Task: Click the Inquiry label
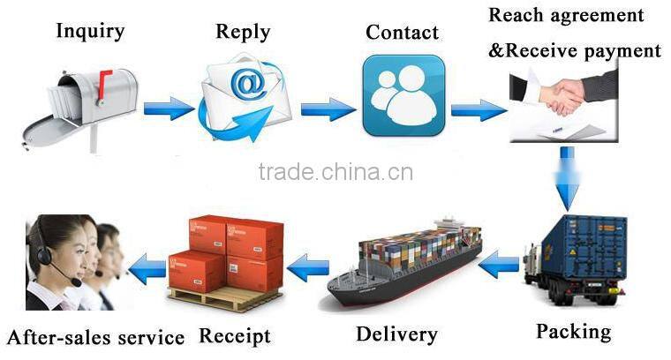(90, 32)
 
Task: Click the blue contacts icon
(402, 95)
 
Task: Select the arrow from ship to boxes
(309, 265)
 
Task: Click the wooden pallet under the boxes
(224, 298)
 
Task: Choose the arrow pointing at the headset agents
(147, 266)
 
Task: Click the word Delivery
(396, 334)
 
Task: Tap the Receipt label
(234, 336)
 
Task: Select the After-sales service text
(95, 337)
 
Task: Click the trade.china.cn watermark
(335, 171)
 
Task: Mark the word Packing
(573, 332)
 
